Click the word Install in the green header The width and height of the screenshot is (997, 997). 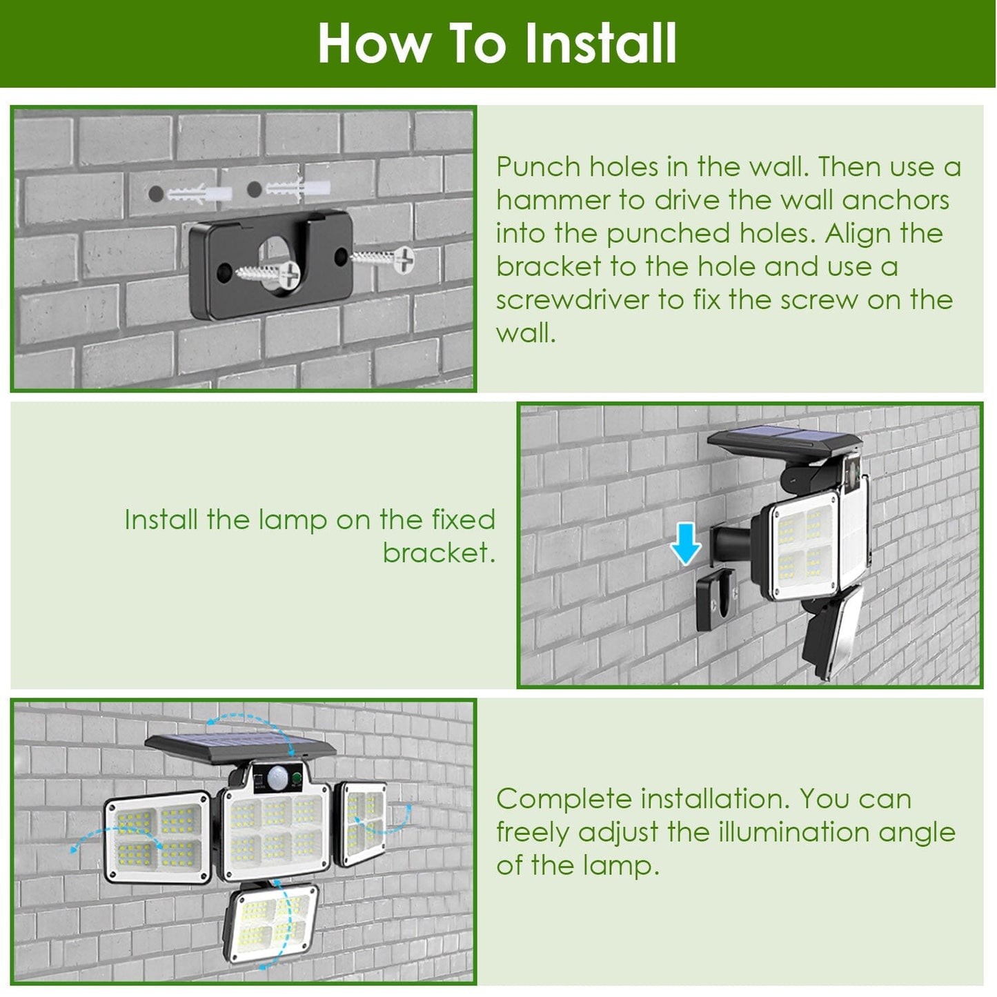[600, 43]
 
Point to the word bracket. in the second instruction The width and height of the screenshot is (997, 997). [439, 553]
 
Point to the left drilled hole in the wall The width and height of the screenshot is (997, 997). [156, 194]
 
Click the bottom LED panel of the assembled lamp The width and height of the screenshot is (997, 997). [274, 922]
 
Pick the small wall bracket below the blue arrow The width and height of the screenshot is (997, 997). [715, 600]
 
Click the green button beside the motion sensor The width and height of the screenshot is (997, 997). [296, 779]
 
